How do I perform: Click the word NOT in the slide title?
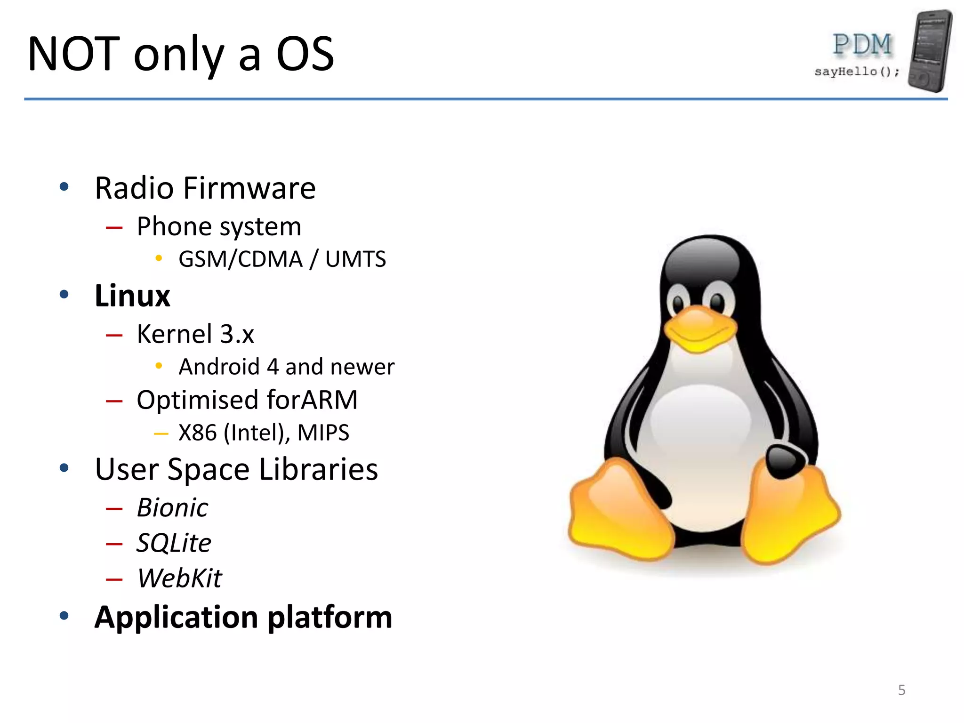(73, 54)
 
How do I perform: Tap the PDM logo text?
(862, 45)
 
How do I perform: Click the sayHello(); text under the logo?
(857, 72)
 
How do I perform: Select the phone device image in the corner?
(930, 51)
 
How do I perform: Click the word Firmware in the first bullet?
(249, 188)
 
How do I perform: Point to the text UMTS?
(355, 259)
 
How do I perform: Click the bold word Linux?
(132, 296)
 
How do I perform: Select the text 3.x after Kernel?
(237, 334)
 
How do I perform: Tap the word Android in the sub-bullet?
(219, 367)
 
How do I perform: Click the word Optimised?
(198, 401)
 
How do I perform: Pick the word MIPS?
(323, 433)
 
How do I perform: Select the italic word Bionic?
(172, 508)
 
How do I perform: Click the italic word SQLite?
(174, 543)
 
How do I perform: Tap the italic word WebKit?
(179, 578)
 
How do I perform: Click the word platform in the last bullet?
(330, 617)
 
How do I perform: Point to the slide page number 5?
(901, 690)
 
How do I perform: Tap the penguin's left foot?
(619, 513)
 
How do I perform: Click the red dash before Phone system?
(114, 228)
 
